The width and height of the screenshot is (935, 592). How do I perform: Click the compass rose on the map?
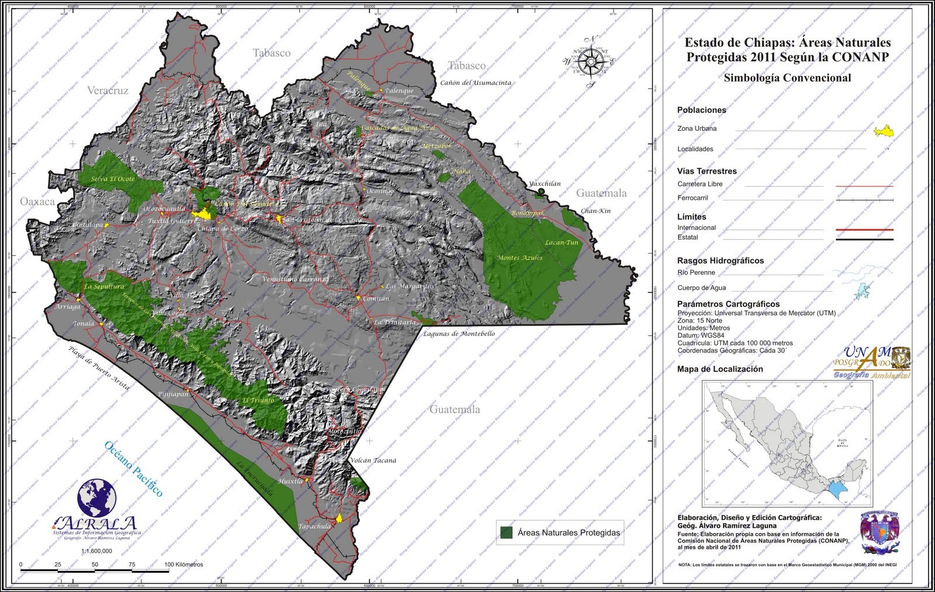(x=591, y=61)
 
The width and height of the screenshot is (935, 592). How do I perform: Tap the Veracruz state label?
(x=108, y=91)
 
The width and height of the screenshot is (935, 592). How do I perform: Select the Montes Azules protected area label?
(x=520, y=258)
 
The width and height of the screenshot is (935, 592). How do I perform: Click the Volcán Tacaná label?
(x=373, y=461)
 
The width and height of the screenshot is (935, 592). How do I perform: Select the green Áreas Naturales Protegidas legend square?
(x=506, y=532)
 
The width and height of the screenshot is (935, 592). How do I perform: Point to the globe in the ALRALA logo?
(x=97, y=498)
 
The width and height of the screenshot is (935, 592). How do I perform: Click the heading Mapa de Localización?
(x=720, y=369)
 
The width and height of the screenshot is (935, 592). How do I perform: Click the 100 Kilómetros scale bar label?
(x=183, y=565)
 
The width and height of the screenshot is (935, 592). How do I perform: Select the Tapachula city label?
(x=314, y=527)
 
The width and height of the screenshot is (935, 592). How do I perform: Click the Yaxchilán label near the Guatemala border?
(x=545, y=184)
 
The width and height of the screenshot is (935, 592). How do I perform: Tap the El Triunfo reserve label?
(x=258, y=401)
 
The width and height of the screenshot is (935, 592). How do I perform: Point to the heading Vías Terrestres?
(x=707, y=171)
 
